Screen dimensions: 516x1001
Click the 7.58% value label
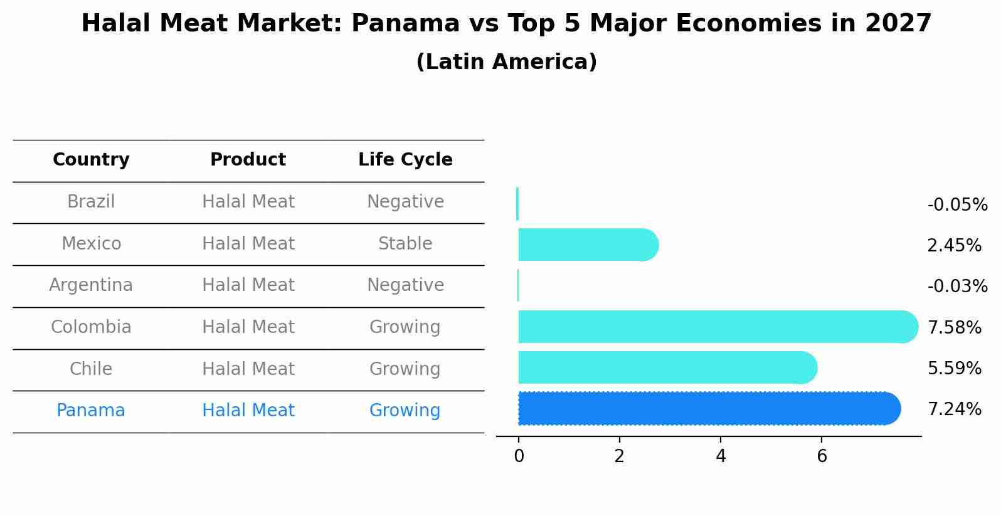[954, 327]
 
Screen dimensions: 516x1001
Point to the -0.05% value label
[957, 205]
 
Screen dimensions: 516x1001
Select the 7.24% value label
[954, 409]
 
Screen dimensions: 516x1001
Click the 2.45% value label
[954, 246]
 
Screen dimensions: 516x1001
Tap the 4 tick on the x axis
[721, 456]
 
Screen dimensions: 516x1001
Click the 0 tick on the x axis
[519, 456]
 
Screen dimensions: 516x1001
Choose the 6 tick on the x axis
[822, 456]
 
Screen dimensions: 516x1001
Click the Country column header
[91, 160]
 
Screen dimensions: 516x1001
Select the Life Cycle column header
[405, 160]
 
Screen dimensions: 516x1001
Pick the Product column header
[248, 160]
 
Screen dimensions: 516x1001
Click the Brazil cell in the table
[91, 202]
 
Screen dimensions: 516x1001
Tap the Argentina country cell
[91, 285]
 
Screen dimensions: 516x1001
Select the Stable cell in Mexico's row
[405, 244]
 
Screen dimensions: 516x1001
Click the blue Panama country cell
[91, 411]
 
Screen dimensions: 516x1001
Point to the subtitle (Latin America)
[506, 62]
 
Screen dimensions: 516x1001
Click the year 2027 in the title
[898, 24]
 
